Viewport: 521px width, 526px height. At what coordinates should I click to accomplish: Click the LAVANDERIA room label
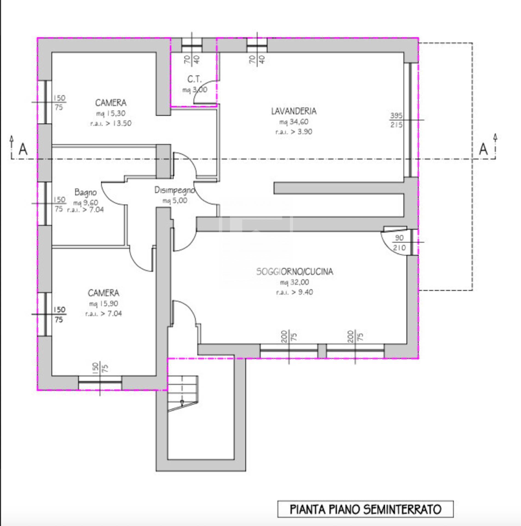pos(294,111)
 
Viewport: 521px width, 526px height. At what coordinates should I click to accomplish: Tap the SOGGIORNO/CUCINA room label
pos(294,271)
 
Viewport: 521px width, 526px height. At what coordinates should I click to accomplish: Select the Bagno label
pos(85,192)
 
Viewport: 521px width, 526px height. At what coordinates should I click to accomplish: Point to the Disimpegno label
pos(175,190)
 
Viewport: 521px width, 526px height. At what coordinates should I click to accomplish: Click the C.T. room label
pos(194,79)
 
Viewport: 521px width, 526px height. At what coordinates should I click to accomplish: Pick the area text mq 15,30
pos(111,113)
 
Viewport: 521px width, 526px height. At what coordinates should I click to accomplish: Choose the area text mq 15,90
pos(103,304)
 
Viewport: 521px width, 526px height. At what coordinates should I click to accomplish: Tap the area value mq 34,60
pos(294,122)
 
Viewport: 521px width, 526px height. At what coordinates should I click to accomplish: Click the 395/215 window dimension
pos(396,120)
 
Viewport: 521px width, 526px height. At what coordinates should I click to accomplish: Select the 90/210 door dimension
pos(400,243)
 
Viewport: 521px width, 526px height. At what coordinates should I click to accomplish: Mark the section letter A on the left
pos(23,150)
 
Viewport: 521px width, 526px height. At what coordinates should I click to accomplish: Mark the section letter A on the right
pos(483,150)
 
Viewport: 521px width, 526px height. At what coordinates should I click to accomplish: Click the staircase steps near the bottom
pos(182,392)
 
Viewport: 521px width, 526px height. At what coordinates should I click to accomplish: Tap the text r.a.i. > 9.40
pos(294,292)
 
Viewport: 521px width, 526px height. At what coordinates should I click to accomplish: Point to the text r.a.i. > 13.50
pos(111,123)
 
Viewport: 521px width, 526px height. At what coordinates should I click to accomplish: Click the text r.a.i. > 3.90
pos(294,132)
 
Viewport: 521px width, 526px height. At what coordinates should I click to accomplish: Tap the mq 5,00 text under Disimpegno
pos(175,201)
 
